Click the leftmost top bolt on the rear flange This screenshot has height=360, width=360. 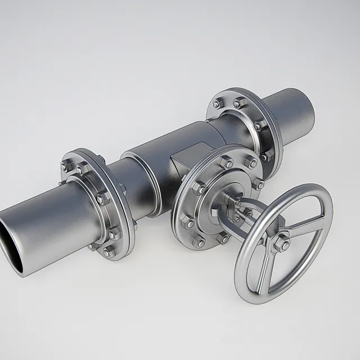click(x=217, y=103)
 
